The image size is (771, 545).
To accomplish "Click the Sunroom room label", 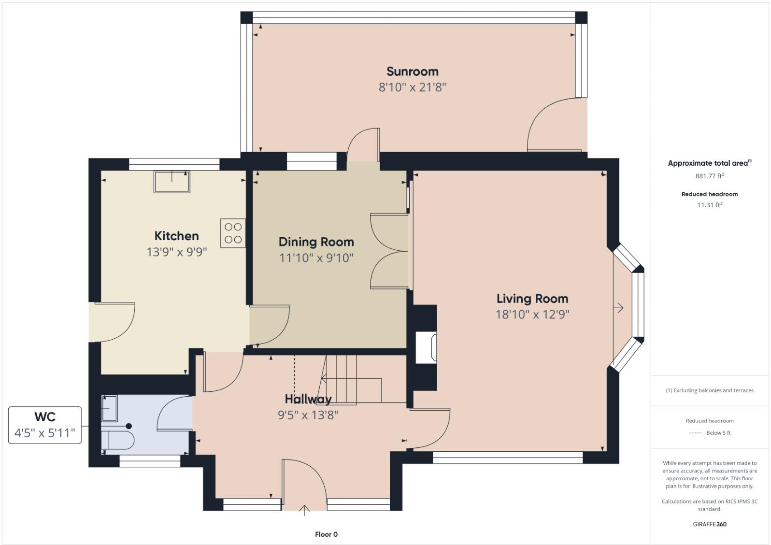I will tap(412, 72).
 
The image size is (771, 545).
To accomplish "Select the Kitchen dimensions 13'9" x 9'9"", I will tap(177, 252).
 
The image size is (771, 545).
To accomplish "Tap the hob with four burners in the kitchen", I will tap(233, 233).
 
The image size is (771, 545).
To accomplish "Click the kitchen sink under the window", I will tap(171, 182).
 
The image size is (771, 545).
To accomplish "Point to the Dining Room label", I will tap(316, 242).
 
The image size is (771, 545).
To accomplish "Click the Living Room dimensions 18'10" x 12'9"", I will tap(532, 315).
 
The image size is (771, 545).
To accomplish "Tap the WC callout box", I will tap(45, 425).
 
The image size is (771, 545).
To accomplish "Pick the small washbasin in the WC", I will tap(109, 408).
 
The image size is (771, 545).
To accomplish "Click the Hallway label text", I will tap(308, 399).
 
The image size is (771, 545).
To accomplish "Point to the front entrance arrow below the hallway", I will tap(304, 510).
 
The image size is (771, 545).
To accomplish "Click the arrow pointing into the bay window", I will tap(618, 308).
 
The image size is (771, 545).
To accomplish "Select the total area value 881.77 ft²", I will tap(709, 176).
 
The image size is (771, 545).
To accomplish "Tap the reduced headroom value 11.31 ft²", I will tap(709, 205).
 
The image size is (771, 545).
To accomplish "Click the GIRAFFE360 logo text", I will tap(709, 524).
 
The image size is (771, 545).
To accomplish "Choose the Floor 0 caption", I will tap(326, 534).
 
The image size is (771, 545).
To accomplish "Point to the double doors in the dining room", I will tap(389, 251).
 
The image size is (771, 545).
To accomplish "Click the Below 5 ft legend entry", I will tap(718, 433).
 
